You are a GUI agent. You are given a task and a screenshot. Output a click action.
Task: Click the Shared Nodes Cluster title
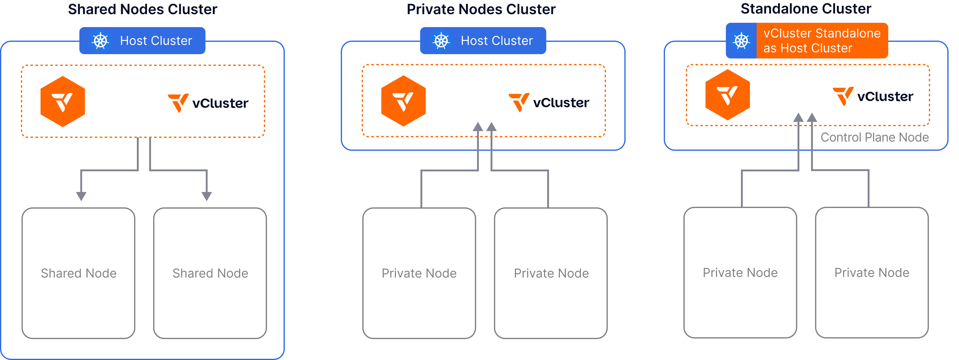[x=143, y=9]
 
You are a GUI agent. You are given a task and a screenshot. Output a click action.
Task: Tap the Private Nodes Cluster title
[x=481, y=9]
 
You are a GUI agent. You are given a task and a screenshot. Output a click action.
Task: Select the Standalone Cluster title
[x=806, y=9]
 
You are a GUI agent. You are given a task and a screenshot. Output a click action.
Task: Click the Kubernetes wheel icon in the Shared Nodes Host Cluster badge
[x=101, y=41]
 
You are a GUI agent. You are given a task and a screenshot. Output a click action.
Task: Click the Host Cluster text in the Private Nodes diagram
[x=497, y=41]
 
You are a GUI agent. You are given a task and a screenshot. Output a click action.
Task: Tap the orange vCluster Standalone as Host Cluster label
[x=822, y=41]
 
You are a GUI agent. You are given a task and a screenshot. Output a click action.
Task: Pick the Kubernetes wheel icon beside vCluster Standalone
[x=741, y=41]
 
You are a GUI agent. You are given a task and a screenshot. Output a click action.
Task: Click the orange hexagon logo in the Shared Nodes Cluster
[x=63, y=101]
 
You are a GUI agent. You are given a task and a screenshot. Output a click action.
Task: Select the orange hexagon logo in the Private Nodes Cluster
[x=403, y=101]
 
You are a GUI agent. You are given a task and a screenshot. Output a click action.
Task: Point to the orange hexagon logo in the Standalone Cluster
[x=727, y=94]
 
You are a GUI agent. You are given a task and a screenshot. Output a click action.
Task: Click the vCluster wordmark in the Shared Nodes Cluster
[x=209, y=103]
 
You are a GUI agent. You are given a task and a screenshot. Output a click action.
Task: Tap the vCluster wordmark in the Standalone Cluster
[x=873, y=96]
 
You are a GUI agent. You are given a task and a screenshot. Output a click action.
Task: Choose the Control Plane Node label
[x=874, y=137]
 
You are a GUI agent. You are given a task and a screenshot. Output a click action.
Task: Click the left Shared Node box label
[x=78, y=273]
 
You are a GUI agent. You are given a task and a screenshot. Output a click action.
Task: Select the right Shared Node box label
[x=210, y=273]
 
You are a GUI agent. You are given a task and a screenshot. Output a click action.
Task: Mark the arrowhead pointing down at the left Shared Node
[x=81, y=196]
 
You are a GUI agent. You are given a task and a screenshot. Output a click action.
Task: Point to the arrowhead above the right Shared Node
[x=207, y=196]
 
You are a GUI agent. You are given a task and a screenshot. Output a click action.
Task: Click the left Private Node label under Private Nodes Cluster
[x=419, y=273]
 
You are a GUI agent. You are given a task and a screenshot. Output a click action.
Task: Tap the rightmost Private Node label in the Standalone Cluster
[x=872, y=273]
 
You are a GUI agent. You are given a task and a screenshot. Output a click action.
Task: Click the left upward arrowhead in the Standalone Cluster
[x=798, y=117]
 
